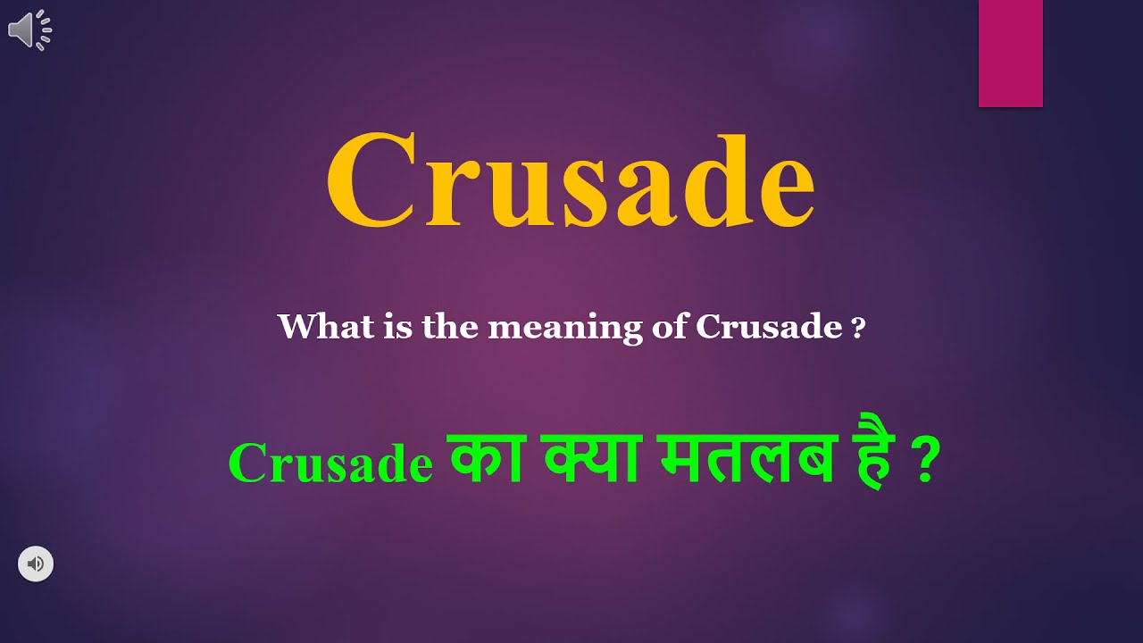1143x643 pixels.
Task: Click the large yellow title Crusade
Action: coord(570,181)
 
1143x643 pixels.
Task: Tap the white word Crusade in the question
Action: coord(768,327)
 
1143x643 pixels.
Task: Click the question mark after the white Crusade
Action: coord(859,328)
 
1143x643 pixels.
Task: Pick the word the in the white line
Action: coord(452,327)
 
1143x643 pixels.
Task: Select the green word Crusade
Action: coord(330,464)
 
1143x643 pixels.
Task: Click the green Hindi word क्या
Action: coord(589,460)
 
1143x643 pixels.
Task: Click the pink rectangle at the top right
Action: coord(1010,54)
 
